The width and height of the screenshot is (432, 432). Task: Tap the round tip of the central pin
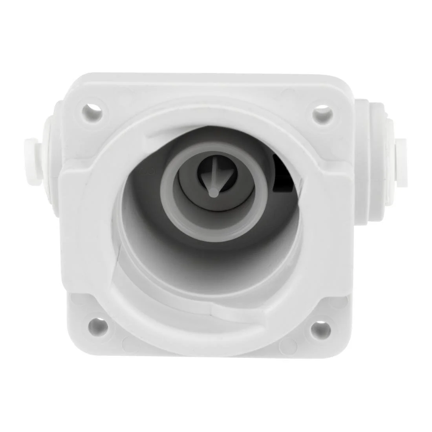213,192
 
